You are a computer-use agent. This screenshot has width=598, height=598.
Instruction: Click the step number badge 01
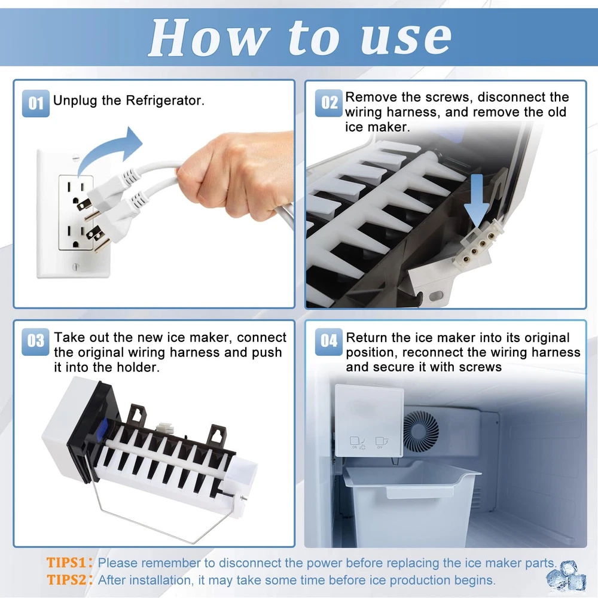[x=35, y=103]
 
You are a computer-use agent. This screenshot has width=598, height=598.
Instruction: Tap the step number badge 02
[x=329, y=103]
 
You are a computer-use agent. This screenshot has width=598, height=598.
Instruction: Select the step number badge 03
[x=35, y=341]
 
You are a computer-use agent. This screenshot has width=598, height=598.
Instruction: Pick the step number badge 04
[x=329, y=341]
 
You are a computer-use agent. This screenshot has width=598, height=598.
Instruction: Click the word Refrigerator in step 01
[x=165, y=100]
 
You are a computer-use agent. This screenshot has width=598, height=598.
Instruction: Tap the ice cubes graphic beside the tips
[x=567, y=576]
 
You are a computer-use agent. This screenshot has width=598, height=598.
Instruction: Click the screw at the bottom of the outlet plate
[x=75, y=267]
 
